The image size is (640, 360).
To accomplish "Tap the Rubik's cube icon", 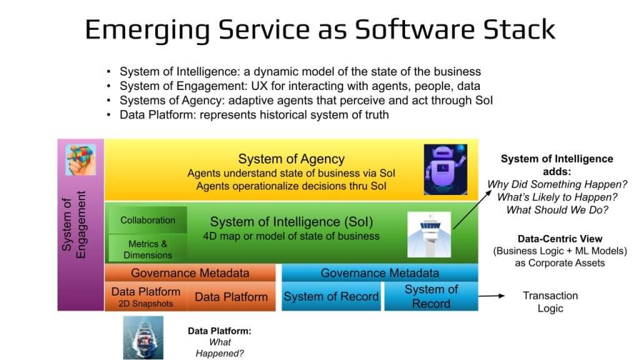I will pos(81,159).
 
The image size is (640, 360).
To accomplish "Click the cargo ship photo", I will pos(143,337).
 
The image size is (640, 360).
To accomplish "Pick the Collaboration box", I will pos(147,220).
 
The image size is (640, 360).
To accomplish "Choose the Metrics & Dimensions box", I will pos(147,249).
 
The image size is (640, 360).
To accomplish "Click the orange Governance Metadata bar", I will pos(189,273).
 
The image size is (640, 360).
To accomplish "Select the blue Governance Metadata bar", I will pos(379,273).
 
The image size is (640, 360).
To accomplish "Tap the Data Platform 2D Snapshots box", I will pos(146,297).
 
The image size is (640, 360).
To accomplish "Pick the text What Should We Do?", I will pos(557,210).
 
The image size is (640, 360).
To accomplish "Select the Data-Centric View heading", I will pos(559,239).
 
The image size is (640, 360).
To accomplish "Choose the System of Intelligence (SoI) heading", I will pos(291,221).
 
